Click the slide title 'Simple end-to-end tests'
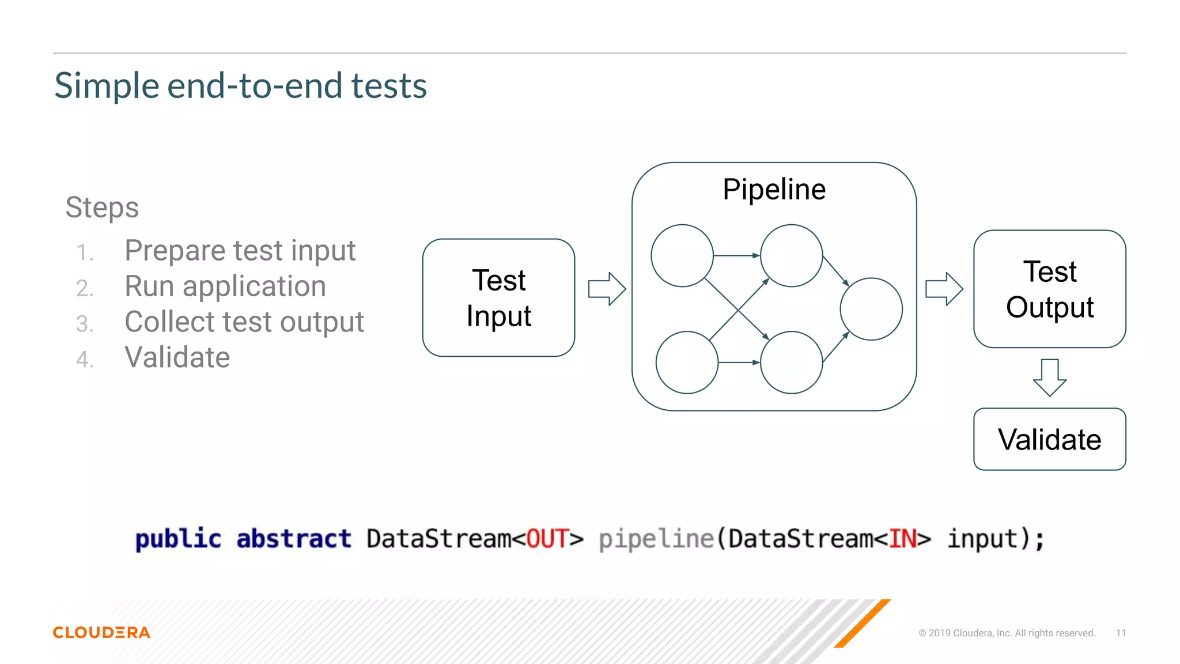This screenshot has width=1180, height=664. tap(240, 86)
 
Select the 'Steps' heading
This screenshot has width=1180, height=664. tap(102, 207)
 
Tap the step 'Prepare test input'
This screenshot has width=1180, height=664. tap(240, 251)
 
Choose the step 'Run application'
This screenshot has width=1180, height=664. tap(225, 286)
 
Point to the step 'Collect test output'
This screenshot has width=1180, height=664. tap(244, 322)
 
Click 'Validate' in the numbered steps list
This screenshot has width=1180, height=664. tap(177, 358)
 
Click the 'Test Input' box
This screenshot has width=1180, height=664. tap(498, 298)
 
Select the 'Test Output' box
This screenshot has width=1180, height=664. tap(1049, 289)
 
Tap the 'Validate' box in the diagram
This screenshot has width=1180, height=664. tap(1049, 440)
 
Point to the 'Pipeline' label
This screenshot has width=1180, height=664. tap(774, 190)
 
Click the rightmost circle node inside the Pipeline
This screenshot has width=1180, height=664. tap(871, 309)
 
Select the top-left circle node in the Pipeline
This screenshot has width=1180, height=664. tap(682, 255)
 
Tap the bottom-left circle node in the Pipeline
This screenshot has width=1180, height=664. tap(687, 363)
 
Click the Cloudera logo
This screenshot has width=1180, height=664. tap(101, 632)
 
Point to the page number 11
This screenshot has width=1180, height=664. tap(1121, 633)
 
